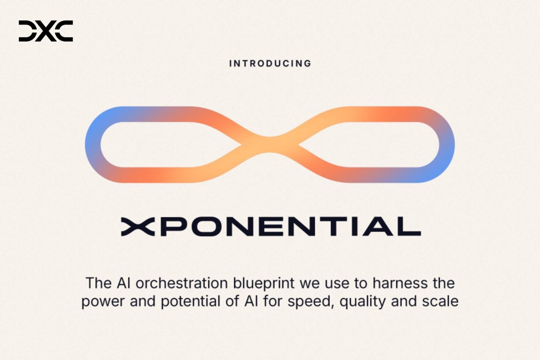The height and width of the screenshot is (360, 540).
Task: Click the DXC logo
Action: coord(46,31)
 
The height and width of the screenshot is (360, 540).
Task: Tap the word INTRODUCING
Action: coord(270,63)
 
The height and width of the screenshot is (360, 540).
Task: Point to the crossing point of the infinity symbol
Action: coord(270,145)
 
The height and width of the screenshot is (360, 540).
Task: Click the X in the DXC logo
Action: coord(46,31)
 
